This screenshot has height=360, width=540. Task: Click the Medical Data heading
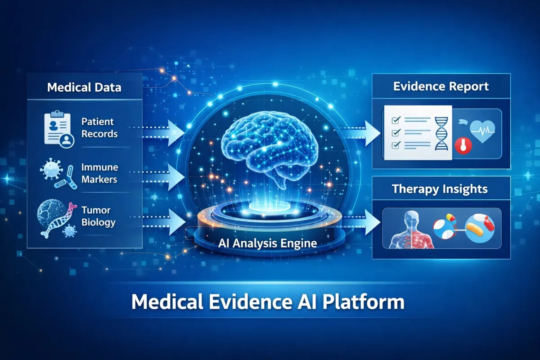point(84,87)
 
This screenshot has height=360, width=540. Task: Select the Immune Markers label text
point(99,173)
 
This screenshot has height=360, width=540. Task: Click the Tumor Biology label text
point(99,216)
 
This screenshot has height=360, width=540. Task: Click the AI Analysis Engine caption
point(267,243)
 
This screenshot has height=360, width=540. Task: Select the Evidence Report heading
point(441,86)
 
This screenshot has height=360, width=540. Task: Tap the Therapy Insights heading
point(440,189)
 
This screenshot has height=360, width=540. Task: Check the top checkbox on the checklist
point(396,121)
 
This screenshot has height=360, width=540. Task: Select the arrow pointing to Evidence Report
point(370,132)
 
